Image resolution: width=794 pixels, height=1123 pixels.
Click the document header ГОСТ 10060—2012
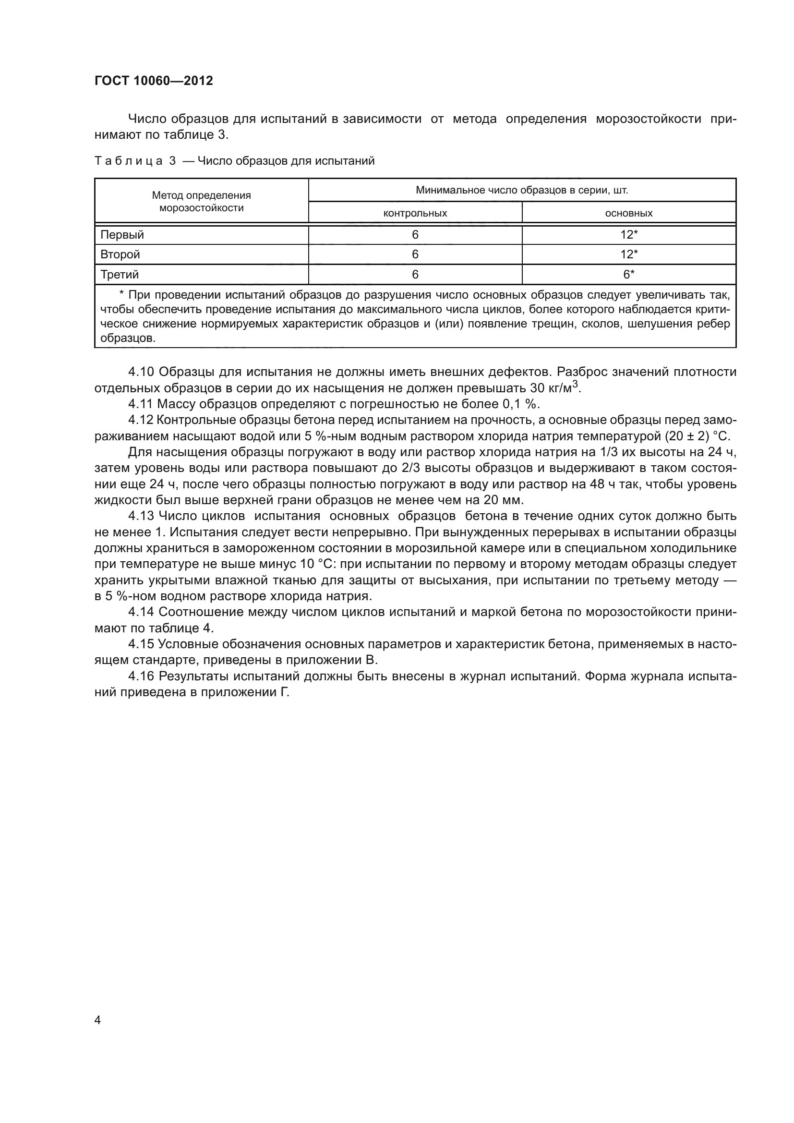[154, 81]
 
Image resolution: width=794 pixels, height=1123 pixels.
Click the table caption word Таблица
[128, 161]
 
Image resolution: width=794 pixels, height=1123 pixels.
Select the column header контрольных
[415, 213]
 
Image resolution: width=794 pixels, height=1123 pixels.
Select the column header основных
[628, 213]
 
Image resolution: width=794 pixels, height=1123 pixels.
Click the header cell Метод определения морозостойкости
[201, 202]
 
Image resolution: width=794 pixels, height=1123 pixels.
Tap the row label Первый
[122, 235]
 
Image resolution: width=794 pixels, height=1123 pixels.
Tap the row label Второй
[120, 254]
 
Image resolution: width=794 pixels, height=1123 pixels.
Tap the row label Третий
[120, 275]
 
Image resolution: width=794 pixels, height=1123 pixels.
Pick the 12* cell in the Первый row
[629, 235]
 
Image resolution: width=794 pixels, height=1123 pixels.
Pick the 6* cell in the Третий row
[629, 275]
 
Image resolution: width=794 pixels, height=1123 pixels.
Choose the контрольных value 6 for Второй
[415, 254]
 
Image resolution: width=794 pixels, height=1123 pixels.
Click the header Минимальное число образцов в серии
[522, 190]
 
